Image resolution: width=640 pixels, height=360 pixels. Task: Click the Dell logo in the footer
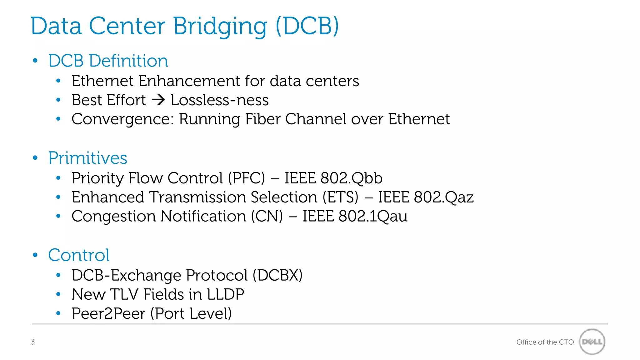click(592, 342)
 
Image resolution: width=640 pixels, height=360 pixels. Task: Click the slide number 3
click(33, 342)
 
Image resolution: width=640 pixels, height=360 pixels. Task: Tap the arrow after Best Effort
click(158, 100)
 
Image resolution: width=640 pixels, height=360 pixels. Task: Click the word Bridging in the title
click(220, 26)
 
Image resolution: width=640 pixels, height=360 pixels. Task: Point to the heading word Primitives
click(88, 158)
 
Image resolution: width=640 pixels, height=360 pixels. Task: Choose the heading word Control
click(79, 255)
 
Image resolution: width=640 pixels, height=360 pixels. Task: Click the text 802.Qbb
click(351, 178)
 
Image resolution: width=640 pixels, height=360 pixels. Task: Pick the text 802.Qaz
click(444, 197)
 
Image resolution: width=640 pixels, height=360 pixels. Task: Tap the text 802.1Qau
click(373, 216)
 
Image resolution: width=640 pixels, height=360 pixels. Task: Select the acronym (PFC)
click(246, 178)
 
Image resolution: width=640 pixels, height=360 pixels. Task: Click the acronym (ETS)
click(340, 197)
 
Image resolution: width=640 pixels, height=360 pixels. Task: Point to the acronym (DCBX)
click(277, 275)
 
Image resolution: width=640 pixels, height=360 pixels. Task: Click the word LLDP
click(225, 294)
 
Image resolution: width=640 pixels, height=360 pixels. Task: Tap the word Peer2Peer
click(108, 313)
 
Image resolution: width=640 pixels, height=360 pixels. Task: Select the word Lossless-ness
click(220, 100)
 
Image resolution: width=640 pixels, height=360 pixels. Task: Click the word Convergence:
click(122, 119)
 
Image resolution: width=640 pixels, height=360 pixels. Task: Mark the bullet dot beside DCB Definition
click(35, 61)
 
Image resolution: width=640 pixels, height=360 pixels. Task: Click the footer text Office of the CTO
click(545, 342)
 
